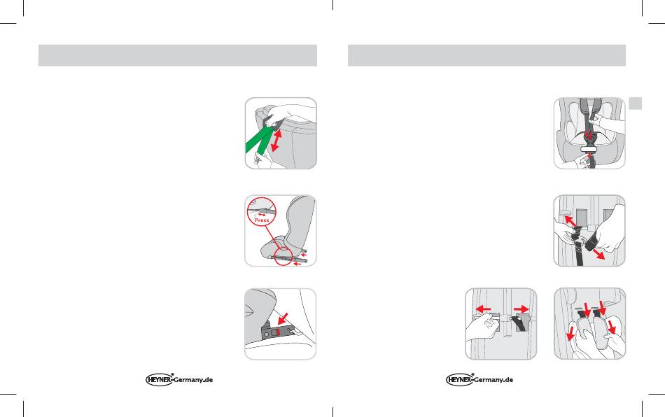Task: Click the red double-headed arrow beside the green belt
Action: click(276, 141)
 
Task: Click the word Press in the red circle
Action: click(262, 220)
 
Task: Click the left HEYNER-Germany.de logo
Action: click(179, 379)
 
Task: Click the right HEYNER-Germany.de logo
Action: click(479, 379)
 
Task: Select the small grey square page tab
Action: click(636, 104)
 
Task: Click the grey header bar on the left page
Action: click(178, 55)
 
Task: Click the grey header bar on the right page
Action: click(486, 55)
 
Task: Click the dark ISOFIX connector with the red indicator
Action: click(276, 331)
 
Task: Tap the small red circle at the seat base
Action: click(283, 256)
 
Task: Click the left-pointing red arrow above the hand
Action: click(484, 309)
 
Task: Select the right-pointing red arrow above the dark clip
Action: click(521, 309)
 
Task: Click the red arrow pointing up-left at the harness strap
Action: click(570, 221)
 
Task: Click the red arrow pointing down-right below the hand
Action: click(598, 253)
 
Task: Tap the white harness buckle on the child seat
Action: click(589, 149)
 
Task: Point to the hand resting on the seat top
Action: click(288, 115)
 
